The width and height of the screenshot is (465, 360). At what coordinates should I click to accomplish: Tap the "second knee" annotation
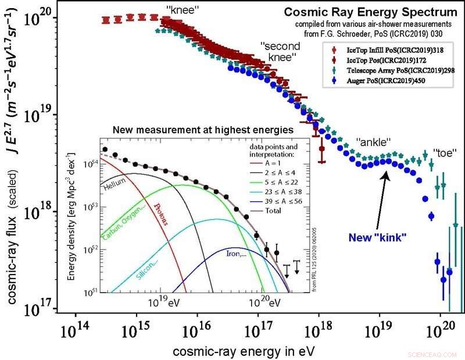coord(278,52)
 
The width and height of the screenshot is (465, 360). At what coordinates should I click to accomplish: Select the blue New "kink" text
coord(377,237)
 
